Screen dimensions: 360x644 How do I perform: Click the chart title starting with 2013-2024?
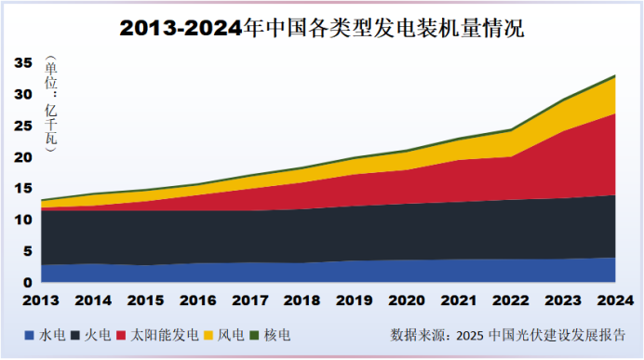[322, 28]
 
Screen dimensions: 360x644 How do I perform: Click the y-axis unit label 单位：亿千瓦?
[50, 102]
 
